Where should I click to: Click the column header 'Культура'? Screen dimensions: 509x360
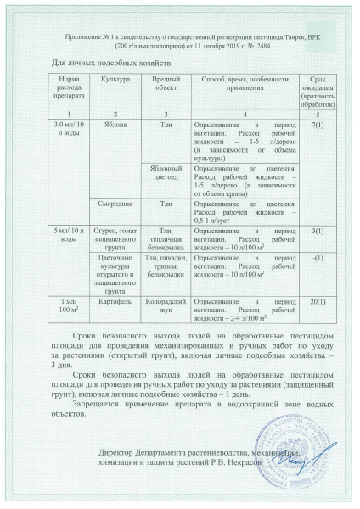pyautogui.click(x=115, y=78)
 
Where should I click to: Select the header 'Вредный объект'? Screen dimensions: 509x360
pyautogui.click(x=166, y=83)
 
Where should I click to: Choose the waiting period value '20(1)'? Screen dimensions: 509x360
pyautogui.click(x=318, y=302)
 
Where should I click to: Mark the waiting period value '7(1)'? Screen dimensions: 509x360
pyautogui.click(x=318, y=125)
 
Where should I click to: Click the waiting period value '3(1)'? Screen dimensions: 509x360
pyautogui.click(x=318, y=231)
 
